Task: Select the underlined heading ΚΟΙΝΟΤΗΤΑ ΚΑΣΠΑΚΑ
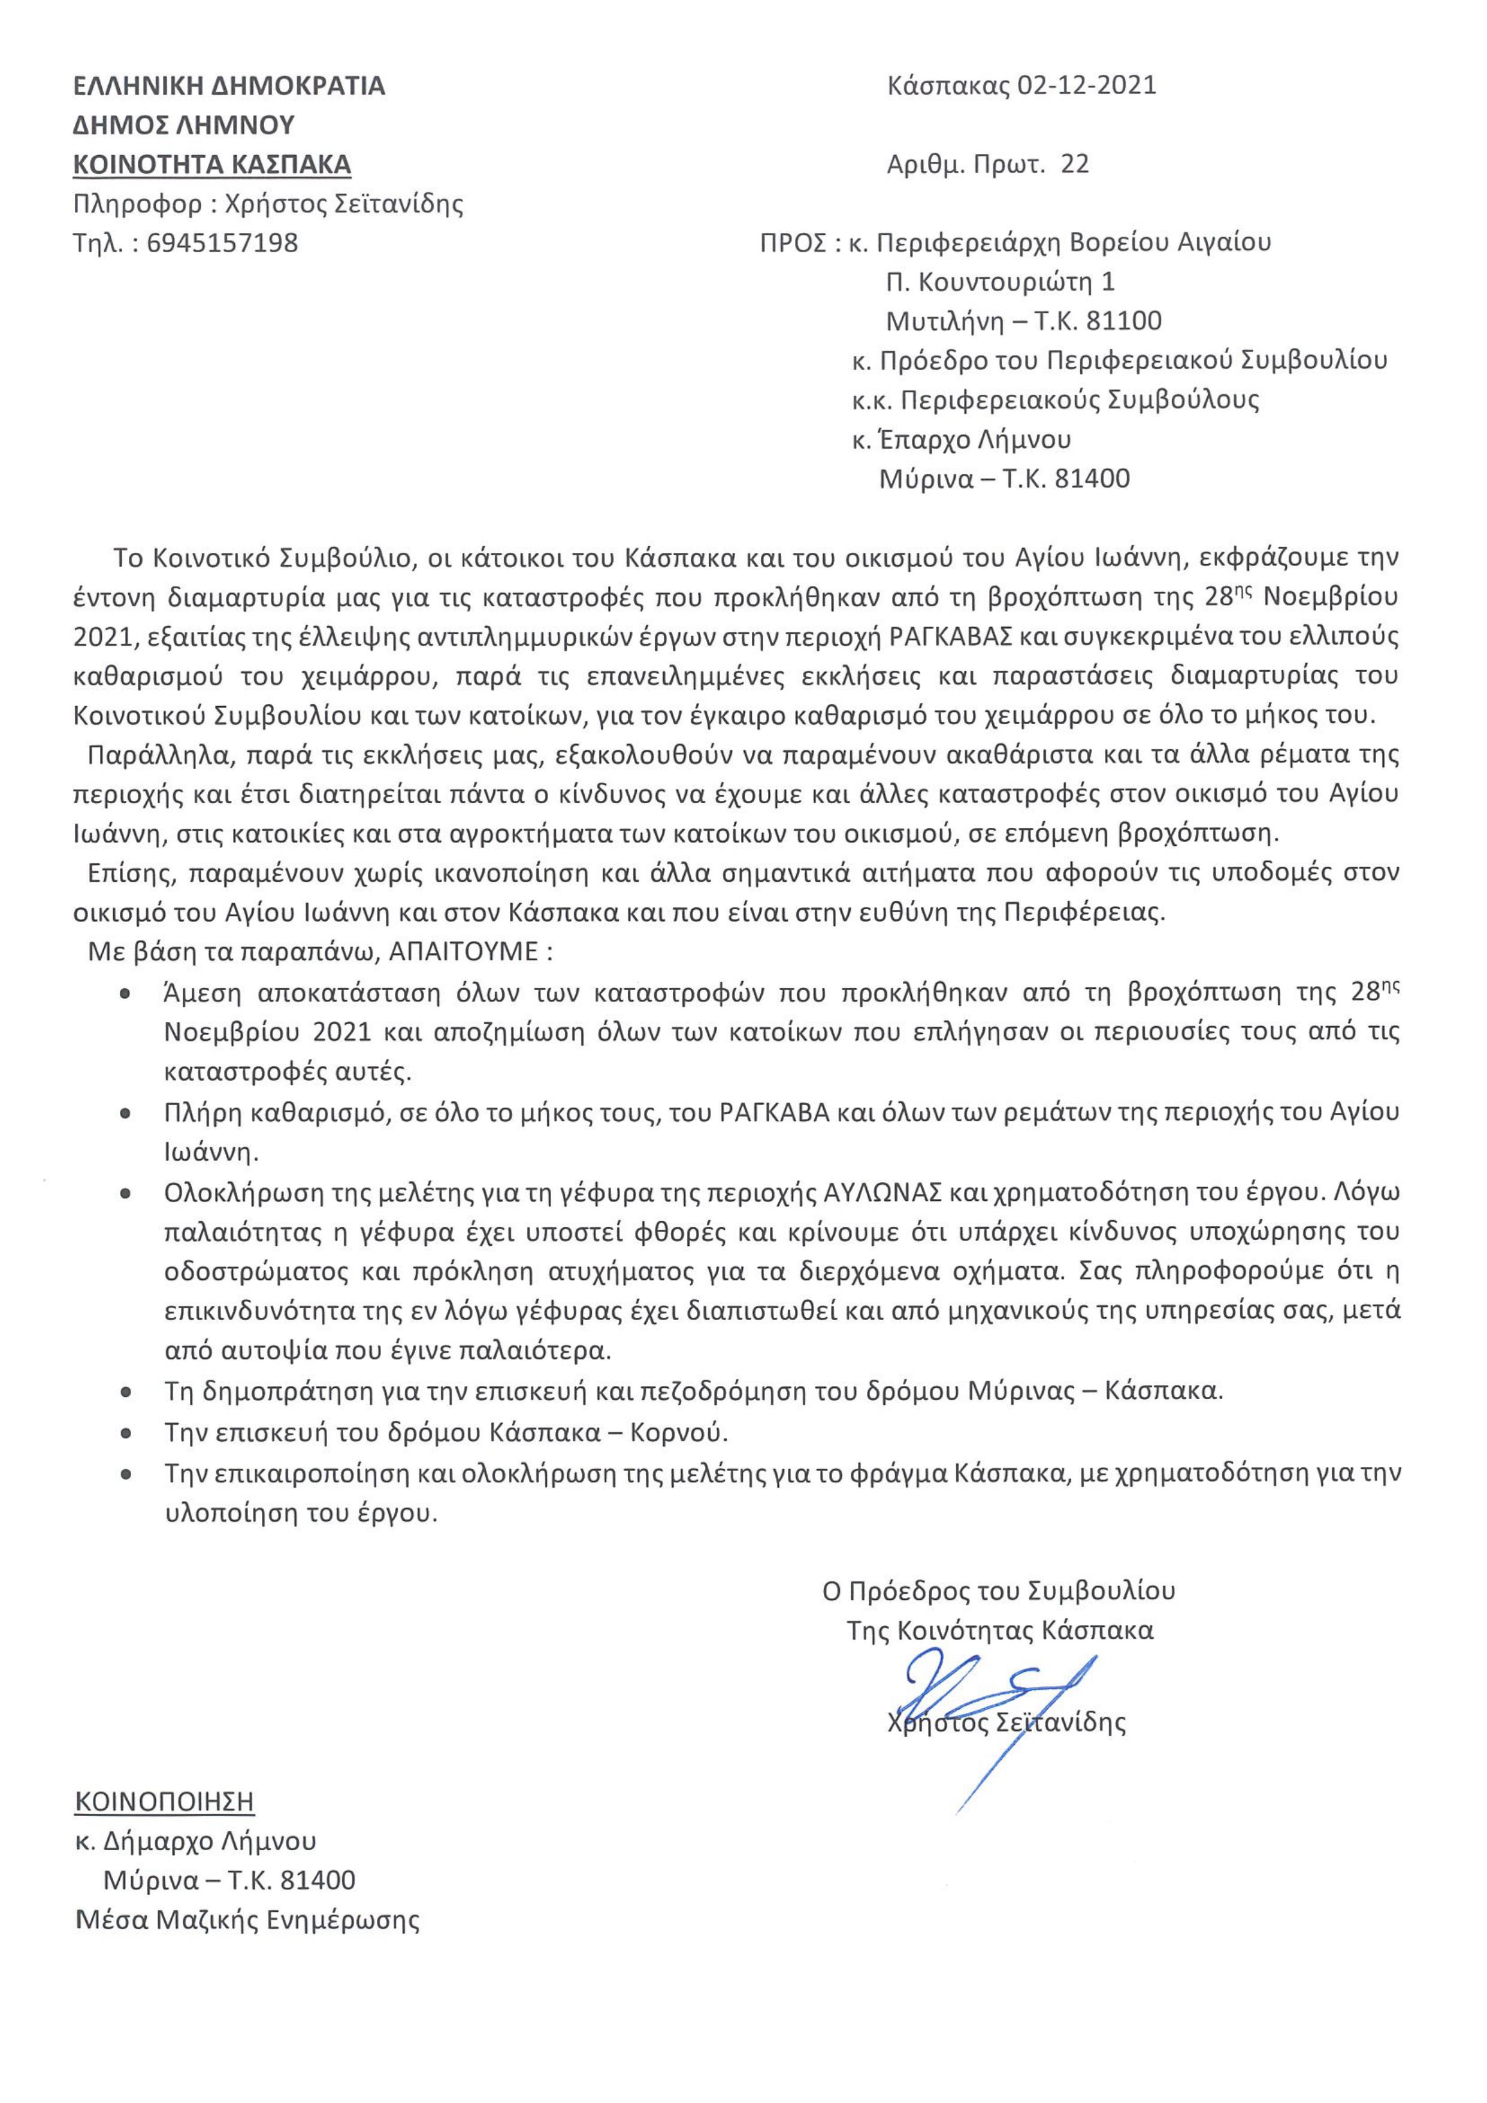coord(211,165)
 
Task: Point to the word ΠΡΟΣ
coord(793,244)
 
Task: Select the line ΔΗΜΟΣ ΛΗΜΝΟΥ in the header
coord(183,125)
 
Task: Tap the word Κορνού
coord(679,1431)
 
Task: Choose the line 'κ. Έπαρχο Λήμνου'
coord(961,440)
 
